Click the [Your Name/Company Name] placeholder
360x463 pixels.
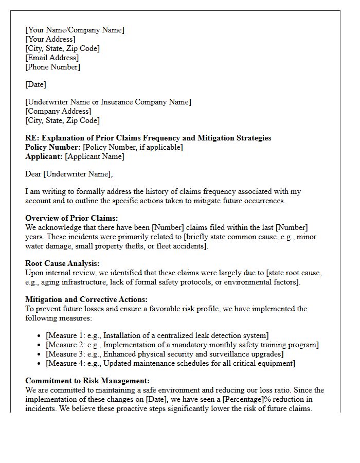click(75, 30)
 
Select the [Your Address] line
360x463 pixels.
click(50, 39)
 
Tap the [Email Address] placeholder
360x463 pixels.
click(52, 58)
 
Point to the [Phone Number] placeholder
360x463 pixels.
click(52, 67)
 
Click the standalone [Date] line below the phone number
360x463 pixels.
click(35, 84)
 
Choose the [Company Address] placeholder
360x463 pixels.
click(58, 111)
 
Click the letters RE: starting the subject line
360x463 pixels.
click(32, 138)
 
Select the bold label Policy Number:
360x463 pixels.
click(53, 147)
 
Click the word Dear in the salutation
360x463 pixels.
click(33, 174)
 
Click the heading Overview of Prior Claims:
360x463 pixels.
click(71, 218)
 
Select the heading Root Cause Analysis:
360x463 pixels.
click(62, 263)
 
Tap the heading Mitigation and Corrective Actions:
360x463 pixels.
click(86, 299)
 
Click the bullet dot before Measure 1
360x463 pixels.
click(40, 336)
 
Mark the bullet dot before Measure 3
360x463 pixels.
click(40, 354)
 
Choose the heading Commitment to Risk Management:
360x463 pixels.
click(87, 381)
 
